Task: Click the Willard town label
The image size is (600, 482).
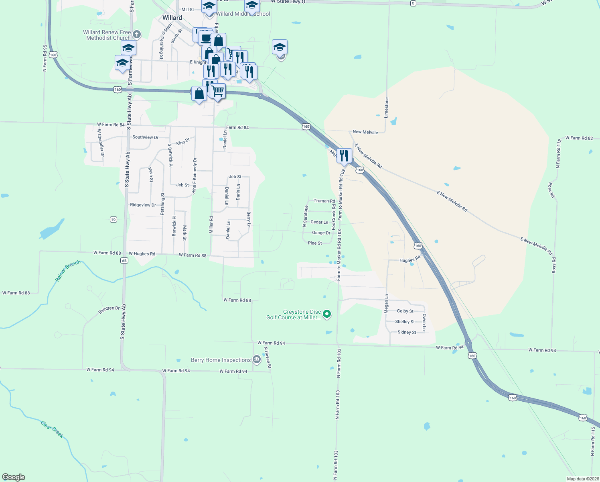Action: (172, 18)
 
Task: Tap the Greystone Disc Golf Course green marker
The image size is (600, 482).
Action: (327, 314)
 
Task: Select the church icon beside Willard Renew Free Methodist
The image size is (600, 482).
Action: (137, 34)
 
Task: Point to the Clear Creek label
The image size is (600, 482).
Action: (52, 429)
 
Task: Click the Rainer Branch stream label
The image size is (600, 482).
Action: (68, 271)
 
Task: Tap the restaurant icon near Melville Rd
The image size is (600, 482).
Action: (344, 156)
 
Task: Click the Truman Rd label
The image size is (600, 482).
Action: (324, 201)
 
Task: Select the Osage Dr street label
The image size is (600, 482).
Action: (321, 233)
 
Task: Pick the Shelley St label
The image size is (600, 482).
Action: (405, 322)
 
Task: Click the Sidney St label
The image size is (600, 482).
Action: (407, 332)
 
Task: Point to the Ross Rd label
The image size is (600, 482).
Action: (551, 190)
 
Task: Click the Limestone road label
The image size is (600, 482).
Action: (387, 107)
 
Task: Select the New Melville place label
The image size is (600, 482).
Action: (365, 132)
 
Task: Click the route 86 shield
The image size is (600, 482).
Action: (114, 219)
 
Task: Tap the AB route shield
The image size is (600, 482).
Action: (124, 261)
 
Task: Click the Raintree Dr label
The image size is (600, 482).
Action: (109, 310)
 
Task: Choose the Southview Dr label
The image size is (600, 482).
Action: (145, 137)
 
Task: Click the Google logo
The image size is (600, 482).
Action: (14, 477)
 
